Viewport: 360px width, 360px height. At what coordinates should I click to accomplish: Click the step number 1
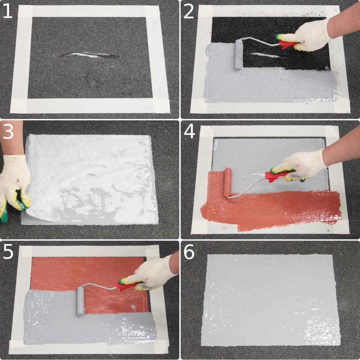[8, 11]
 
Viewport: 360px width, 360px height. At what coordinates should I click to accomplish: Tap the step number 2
[189, 11]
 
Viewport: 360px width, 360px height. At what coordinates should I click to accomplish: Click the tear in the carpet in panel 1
[89, 55]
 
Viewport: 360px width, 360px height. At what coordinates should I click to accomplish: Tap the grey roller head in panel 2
[238, 55]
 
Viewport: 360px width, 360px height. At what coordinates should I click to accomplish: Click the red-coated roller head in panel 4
[228, 183]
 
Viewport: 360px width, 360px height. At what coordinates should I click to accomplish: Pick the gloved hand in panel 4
[298, 166]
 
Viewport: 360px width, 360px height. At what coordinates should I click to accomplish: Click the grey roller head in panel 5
[80, 301]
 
